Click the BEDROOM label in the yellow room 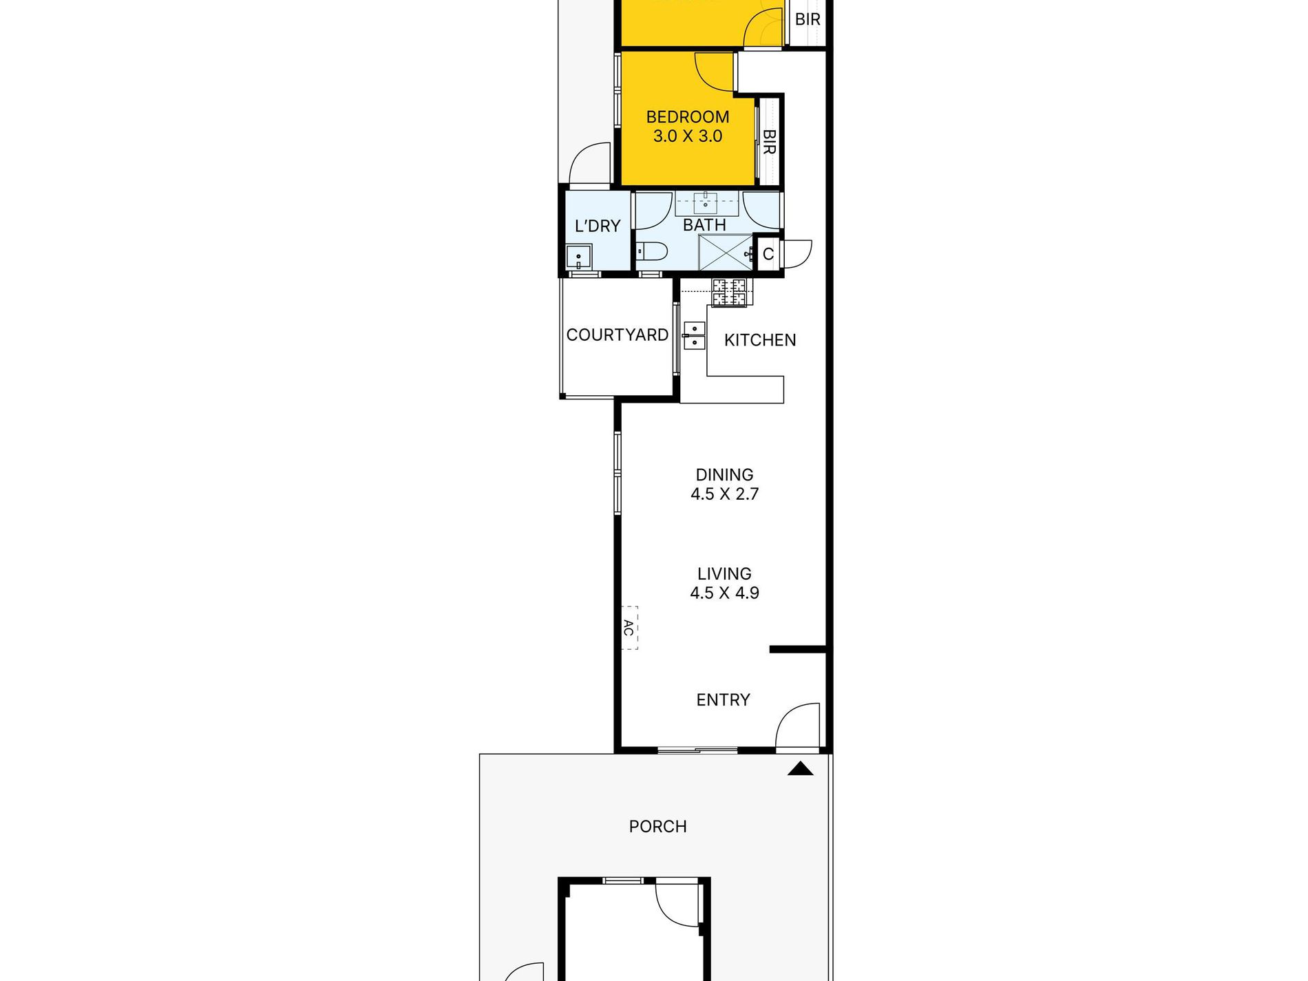point(688,117)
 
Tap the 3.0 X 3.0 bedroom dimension point(688,136)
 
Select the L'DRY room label point(598,226)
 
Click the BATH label point(704,225)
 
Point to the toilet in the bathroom point(651,251)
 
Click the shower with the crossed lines point(726,253)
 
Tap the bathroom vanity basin point(706,203)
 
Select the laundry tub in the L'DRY point(579,257)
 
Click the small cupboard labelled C point(768,254)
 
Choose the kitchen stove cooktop point(729,292)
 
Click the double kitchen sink point(695,335)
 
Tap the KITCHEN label point(760,340)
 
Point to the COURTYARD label point(618,335)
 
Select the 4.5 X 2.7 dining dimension point(724,494)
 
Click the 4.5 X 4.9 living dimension point(724,593)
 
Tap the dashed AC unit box point(629,628)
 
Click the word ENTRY point(723,700)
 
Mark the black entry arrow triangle point(800,769)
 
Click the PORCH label point(657,827)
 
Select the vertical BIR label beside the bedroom point(769,142)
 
